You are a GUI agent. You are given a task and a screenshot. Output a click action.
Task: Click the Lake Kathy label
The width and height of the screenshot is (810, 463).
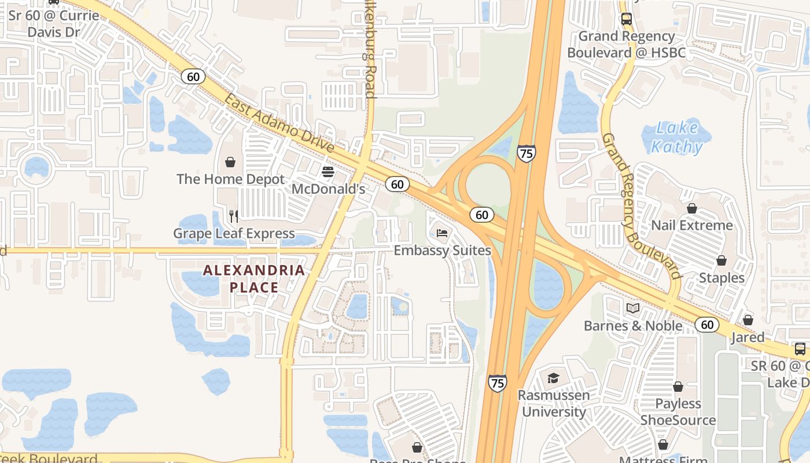(676, 137)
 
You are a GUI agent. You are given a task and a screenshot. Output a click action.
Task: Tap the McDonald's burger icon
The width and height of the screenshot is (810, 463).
(328, 172)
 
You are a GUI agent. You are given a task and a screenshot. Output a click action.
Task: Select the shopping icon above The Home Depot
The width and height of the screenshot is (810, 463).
(230, 162)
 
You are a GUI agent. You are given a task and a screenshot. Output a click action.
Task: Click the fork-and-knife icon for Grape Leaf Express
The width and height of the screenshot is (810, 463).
(234, 216)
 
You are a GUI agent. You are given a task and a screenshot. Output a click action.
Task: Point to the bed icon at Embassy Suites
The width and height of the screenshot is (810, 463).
(442, 233)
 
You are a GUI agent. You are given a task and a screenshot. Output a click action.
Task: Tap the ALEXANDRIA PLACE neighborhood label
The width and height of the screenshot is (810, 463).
(254, 278)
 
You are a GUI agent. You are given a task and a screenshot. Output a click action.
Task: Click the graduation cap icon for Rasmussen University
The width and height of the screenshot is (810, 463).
(553, 379)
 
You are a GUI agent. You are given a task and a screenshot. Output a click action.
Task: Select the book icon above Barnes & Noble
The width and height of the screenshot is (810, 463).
(633, 308)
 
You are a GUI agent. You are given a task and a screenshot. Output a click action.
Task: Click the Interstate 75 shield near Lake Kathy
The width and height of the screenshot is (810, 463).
(526, 153)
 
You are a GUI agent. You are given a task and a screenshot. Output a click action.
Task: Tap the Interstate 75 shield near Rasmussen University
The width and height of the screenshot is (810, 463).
(497, 383)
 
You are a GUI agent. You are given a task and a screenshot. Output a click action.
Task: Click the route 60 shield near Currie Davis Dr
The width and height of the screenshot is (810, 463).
(193, 76)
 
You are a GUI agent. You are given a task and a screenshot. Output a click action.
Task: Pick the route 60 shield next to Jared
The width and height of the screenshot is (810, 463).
(707, 324)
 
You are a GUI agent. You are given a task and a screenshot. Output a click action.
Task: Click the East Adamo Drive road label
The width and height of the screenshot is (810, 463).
(279, 123)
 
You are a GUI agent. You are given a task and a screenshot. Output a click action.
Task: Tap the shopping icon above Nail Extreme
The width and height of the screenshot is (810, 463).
(692, 208)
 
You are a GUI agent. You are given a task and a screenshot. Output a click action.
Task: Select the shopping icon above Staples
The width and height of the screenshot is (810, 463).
(721, 261)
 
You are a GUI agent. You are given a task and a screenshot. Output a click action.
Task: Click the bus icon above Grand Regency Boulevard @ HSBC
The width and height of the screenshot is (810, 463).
(626, 19)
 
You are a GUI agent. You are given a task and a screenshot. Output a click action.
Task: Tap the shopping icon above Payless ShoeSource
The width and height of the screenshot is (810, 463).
(678, 387)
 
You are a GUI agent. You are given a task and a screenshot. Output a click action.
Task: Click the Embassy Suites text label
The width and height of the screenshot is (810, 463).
(442, 251)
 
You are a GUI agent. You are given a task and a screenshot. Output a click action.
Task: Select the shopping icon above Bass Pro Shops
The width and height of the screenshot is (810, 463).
(417, 447)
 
